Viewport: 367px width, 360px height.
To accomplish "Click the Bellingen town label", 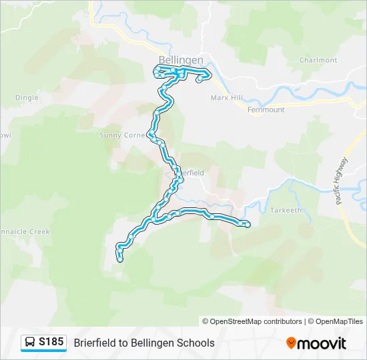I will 181,60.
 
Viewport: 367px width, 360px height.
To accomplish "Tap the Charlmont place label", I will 318,60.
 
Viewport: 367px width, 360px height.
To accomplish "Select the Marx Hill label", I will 227,98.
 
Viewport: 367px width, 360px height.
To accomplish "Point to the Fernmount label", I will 266,109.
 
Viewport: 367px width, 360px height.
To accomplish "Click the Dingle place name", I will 27,97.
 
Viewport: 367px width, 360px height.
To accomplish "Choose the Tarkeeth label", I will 286,210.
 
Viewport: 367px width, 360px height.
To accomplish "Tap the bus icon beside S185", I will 30,343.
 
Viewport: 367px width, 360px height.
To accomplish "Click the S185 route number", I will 51,343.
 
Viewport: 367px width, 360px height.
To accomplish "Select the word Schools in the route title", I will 193,343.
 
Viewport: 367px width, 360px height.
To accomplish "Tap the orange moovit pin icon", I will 291,343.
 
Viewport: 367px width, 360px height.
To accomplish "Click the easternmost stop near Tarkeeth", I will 248,225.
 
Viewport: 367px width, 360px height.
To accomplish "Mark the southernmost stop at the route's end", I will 120,259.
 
